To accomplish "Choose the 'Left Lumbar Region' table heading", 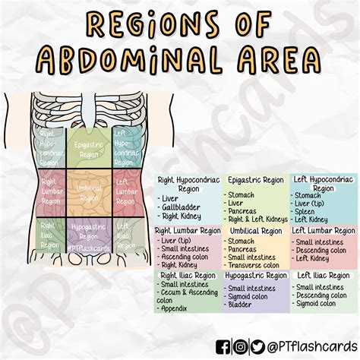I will click(323, 230).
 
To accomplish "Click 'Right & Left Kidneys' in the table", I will click(257, 219).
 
